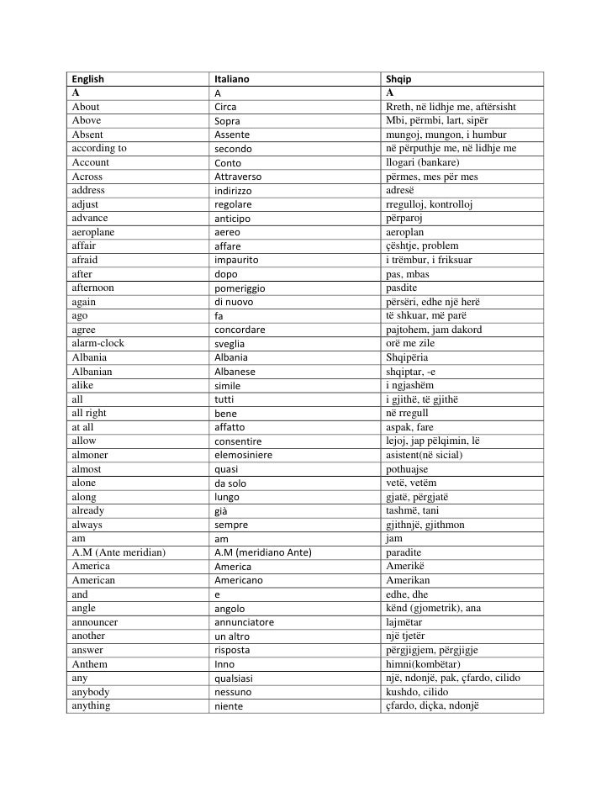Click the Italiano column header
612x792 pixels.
232,80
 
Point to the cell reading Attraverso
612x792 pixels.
239,177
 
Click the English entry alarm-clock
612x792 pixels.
98,343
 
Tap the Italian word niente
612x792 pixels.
228,705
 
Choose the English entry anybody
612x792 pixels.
92,691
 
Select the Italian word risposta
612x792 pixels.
234,650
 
